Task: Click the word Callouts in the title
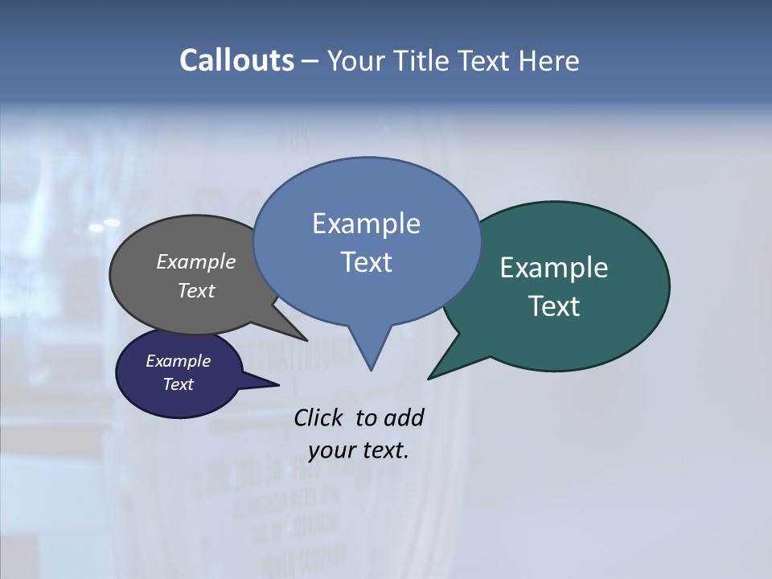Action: pos(237,60)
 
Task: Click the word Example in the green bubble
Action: pos(554,268)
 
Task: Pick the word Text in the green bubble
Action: pos(554,306)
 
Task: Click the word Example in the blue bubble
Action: pos(366,224)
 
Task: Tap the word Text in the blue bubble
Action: pos(366,262)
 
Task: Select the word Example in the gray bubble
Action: pos(196,262)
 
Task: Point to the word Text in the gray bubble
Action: pos(196,291)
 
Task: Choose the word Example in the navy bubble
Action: pos(178,361)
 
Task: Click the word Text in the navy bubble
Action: pos(178,384)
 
